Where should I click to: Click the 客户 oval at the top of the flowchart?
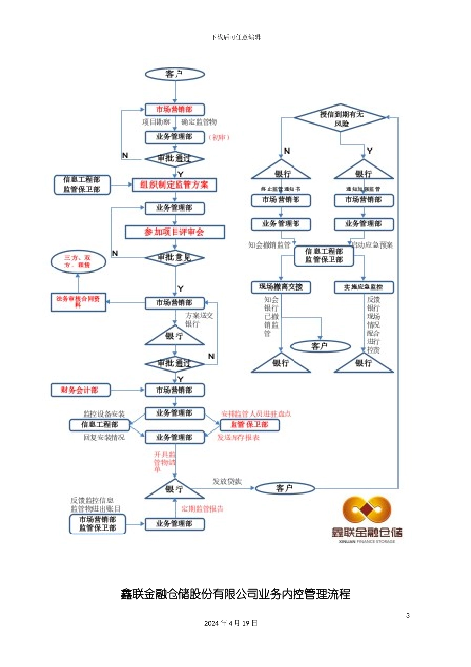175,74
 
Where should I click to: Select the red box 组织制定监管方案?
175,185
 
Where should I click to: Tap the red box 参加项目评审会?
175,232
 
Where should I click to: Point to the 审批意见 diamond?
175,257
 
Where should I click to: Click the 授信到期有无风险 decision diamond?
341,118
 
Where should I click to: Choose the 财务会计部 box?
80,390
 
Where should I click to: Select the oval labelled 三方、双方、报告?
78,262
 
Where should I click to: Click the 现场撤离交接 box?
281,287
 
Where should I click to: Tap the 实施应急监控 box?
364,287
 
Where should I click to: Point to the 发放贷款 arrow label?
227,481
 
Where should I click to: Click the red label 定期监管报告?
202,509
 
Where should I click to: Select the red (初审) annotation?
219,137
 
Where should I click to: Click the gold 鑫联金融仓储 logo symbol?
367,511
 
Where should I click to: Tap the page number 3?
408,615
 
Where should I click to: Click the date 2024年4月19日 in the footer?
231,623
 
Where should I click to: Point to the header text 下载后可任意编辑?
235,37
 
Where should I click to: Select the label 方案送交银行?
199,319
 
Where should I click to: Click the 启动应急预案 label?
372,245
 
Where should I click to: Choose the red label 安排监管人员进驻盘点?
256,414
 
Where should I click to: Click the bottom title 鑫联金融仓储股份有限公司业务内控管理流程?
235,594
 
